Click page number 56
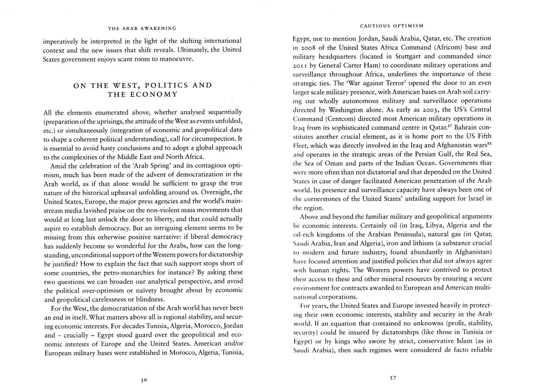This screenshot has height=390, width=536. point(144,379)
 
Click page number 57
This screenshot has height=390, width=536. point(392,379)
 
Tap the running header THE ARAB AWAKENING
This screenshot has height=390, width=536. point(142,28)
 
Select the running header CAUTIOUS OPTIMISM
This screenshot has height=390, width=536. point(392,26)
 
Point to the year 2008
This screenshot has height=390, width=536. point(313,47)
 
